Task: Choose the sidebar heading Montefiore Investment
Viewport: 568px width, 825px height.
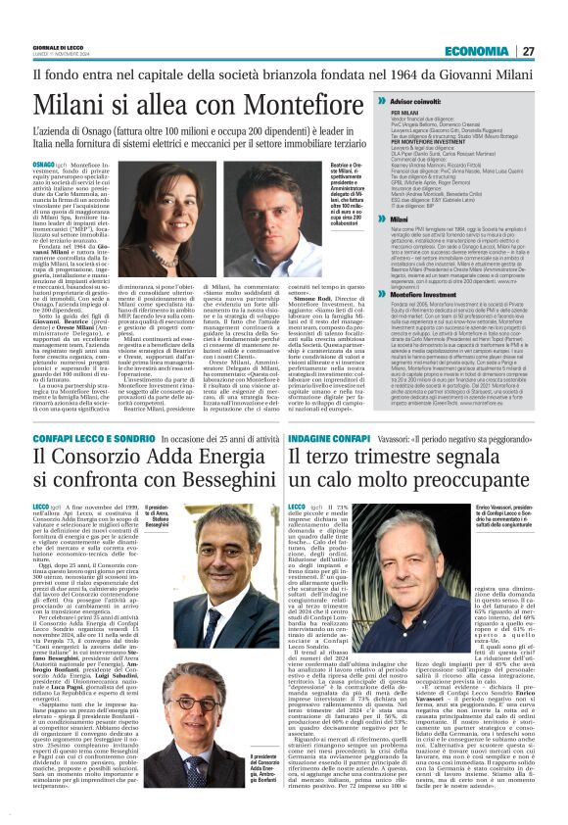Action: pyautogui.click(x=427, y=322)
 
